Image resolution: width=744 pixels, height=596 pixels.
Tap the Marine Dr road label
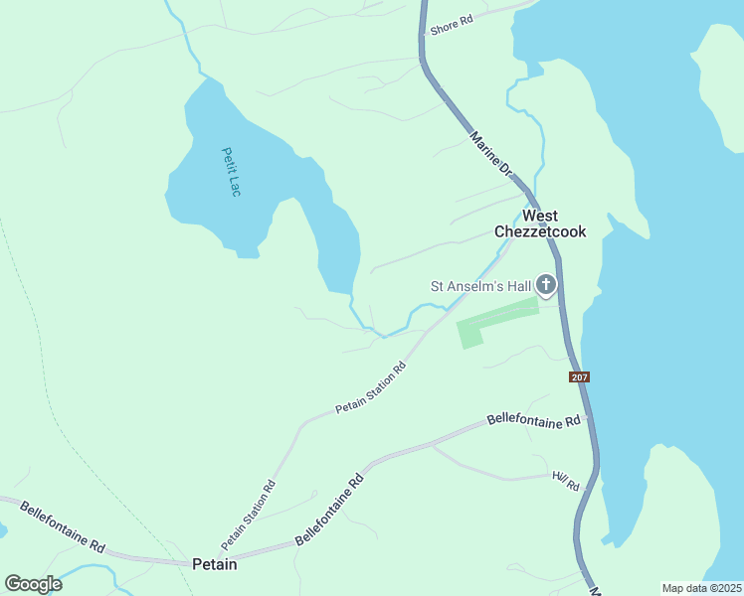[489, 155]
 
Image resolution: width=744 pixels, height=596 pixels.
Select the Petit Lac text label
[230, 172]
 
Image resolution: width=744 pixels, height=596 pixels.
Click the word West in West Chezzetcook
[540, 216]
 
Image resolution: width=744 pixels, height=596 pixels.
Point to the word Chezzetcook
[540, 232]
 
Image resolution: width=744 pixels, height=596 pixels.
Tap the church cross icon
[546, 286]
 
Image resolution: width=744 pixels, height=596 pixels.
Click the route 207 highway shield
[581, 377]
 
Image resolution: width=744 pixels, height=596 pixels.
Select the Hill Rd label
[565, 481]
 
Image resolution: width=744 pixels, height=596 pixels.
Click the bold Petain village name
[215, 564]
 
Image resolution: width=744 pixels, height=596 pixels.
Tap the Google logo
[33, 584]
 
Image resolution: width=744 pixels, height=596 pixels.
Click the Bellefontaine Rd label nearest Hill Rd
[533, 421]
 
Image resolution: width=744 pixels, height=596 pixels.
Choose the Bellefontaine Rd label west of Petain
[62, 525]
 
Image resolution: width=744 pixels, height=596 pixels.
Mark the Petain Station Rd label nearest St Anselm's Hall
[371, 388]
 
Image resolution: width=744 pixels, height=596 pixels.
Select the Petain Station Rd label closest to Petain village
[249, 516]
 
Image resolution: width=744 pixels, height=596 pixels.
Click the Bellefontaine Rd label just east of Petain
[330, 509]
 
